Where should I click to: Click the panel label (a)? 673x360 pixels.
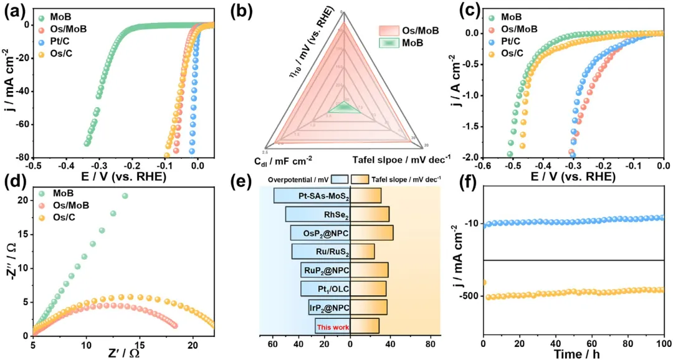coord(14,12)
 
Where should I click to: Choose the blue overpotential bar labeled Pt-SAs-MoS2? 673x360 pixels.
coord(312,196)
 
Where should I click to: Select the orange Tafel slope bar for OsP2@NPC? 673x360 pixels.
coord(372,233)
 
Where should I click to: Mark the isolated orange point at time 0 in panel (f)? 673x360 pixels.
coord(484,283)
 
